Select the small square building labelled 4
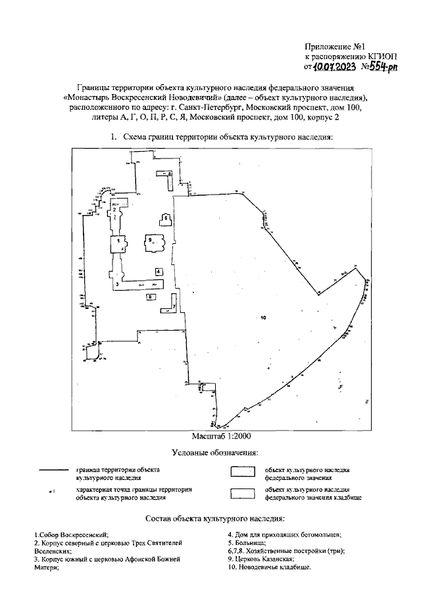(159, 271)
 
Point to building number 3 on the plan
(132, 283)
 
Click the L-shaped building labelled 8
(165, 174)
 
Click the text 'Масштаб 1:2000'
(222, 435)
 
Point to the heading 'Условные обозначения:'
(214, 453)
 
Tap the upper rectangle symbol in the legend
(241, 472)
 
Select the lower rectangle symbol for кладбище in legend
(241, 493)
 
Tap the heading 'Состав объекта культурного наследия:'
(214, 519)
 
